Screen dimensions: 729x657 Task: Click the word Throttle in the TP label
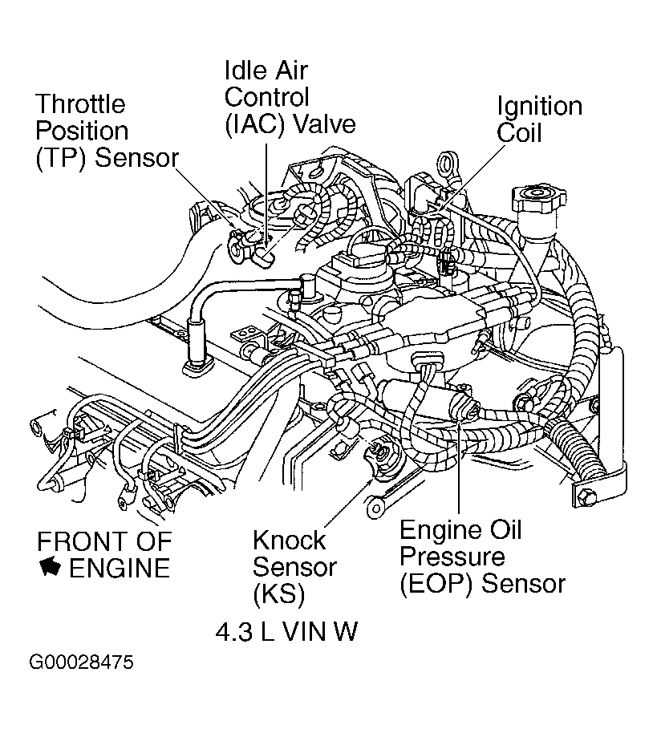pos(80,104)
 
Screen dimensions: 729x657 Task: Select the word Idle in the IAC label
pos(244,71)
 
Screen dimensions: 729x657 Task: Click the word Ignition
pos(539,107)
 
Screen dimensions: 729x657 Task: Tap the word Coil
pos(519,132)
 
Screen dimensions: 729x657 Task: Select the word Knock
pos(289,540)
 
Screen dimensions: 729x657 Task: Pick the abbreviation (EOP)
pos(436,582)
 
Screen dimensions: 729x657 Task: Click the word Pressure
pos(452,556)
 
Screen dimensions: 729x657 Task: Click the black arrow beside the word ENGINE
pos(50,567)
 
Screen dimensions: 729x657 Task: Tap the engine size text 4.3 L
pos(245,632)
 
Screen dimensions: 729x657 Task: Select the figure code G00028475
pos(81,663)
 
